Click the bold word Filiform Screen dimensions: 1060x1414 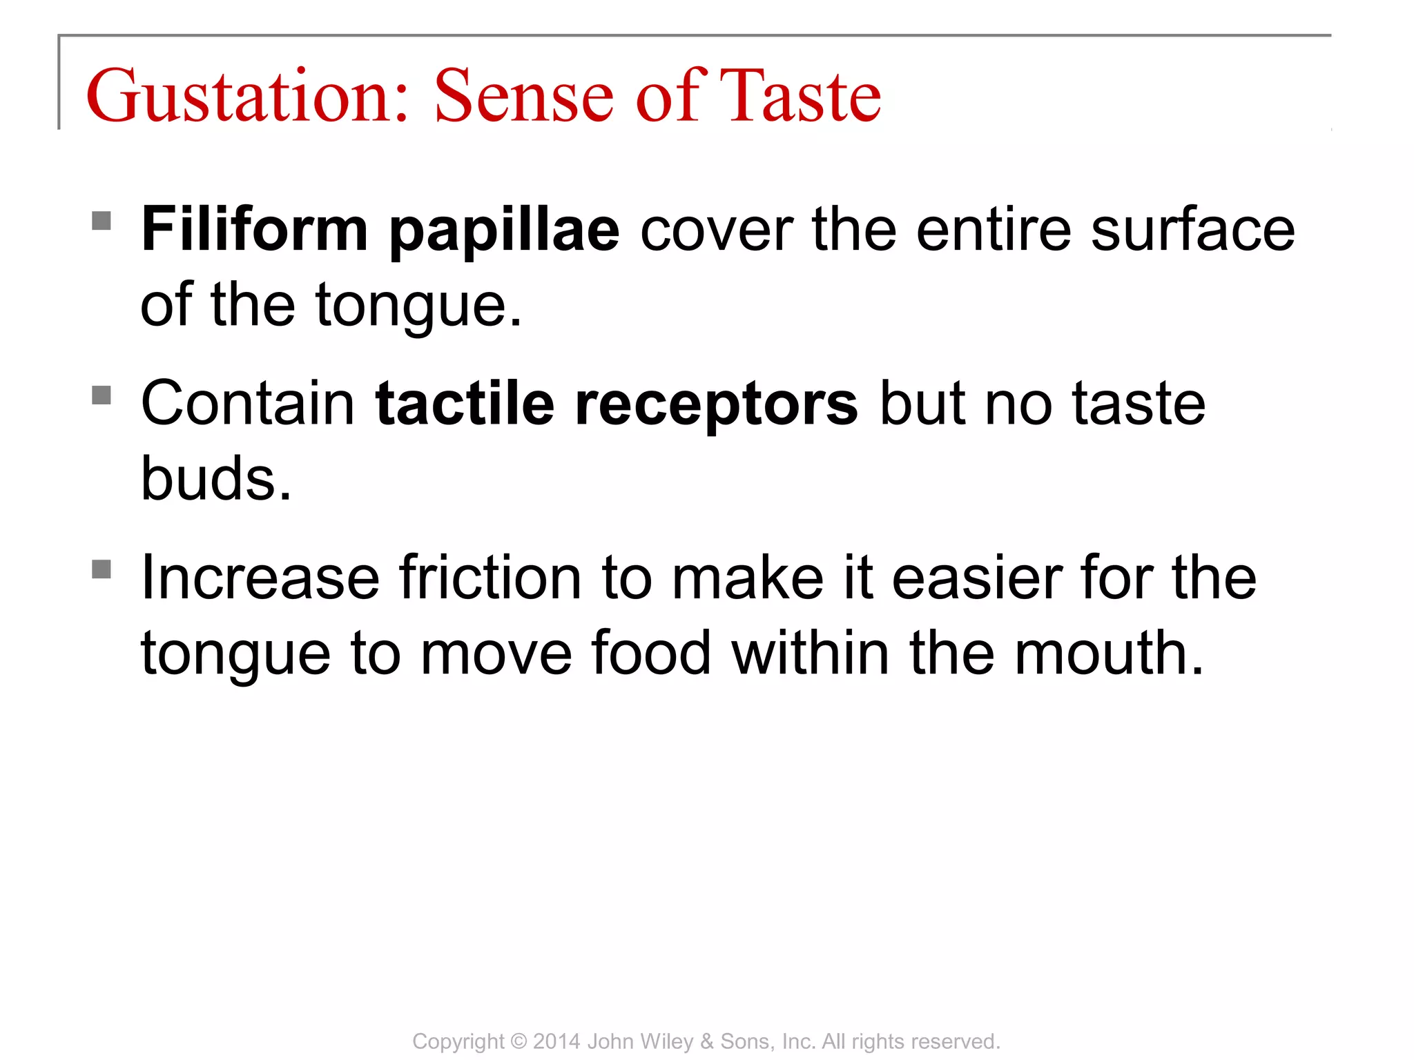(x=254, y=229)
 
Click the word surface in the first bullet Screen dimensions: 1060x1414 (x=1192, y=229)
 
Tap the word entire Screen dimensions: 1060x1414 (x=994, y=229)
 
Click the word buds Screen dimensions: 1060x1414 (x=215, y=478)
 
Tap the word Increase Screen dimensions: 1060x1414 (x=260, y=578)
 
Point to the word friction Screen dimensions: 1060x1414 (x=490, y=578)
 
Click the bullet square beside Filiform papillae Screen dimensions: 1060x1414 (x=101, y=221)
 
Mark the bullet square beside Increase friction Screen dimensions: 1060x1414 (x=101, y=569)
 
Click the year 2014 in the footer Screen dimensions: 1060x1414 (x=556, y=1041)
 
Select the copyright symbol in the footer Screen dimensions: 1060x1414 (x=519, y=1041)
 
